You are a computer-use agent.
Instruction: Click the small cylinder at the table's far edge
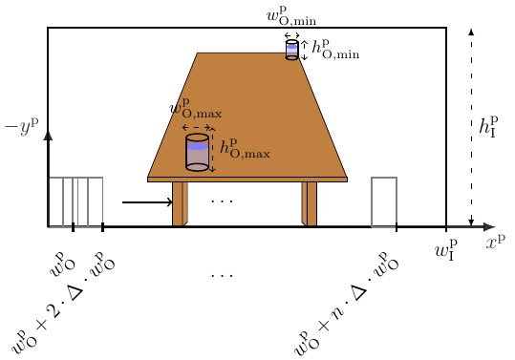point(292,51)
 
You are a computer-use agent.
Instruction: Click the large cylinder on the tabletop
point(197,153)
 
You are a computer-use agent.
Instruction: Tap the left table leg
point(179,203)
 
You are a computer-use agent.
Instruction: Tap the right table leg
point(310,203)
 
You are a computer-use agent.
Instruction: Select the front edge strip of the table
point(247,179)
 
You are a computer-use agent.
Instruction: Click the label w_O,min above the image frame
point(291,16)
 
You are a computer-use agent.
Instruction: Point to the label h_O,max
point(245,148)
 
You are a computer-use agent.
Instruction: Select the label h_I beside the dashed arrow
point(489,127)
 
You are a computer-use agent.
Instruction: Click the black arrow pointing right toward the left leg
point(146,202)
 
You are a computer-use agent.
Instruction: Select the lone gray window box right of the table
point(384,201)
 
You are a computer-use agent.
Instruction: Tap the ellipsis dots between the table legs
point(222,201)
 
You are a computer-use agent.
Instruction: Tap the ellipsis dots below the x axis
point(222,275)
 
